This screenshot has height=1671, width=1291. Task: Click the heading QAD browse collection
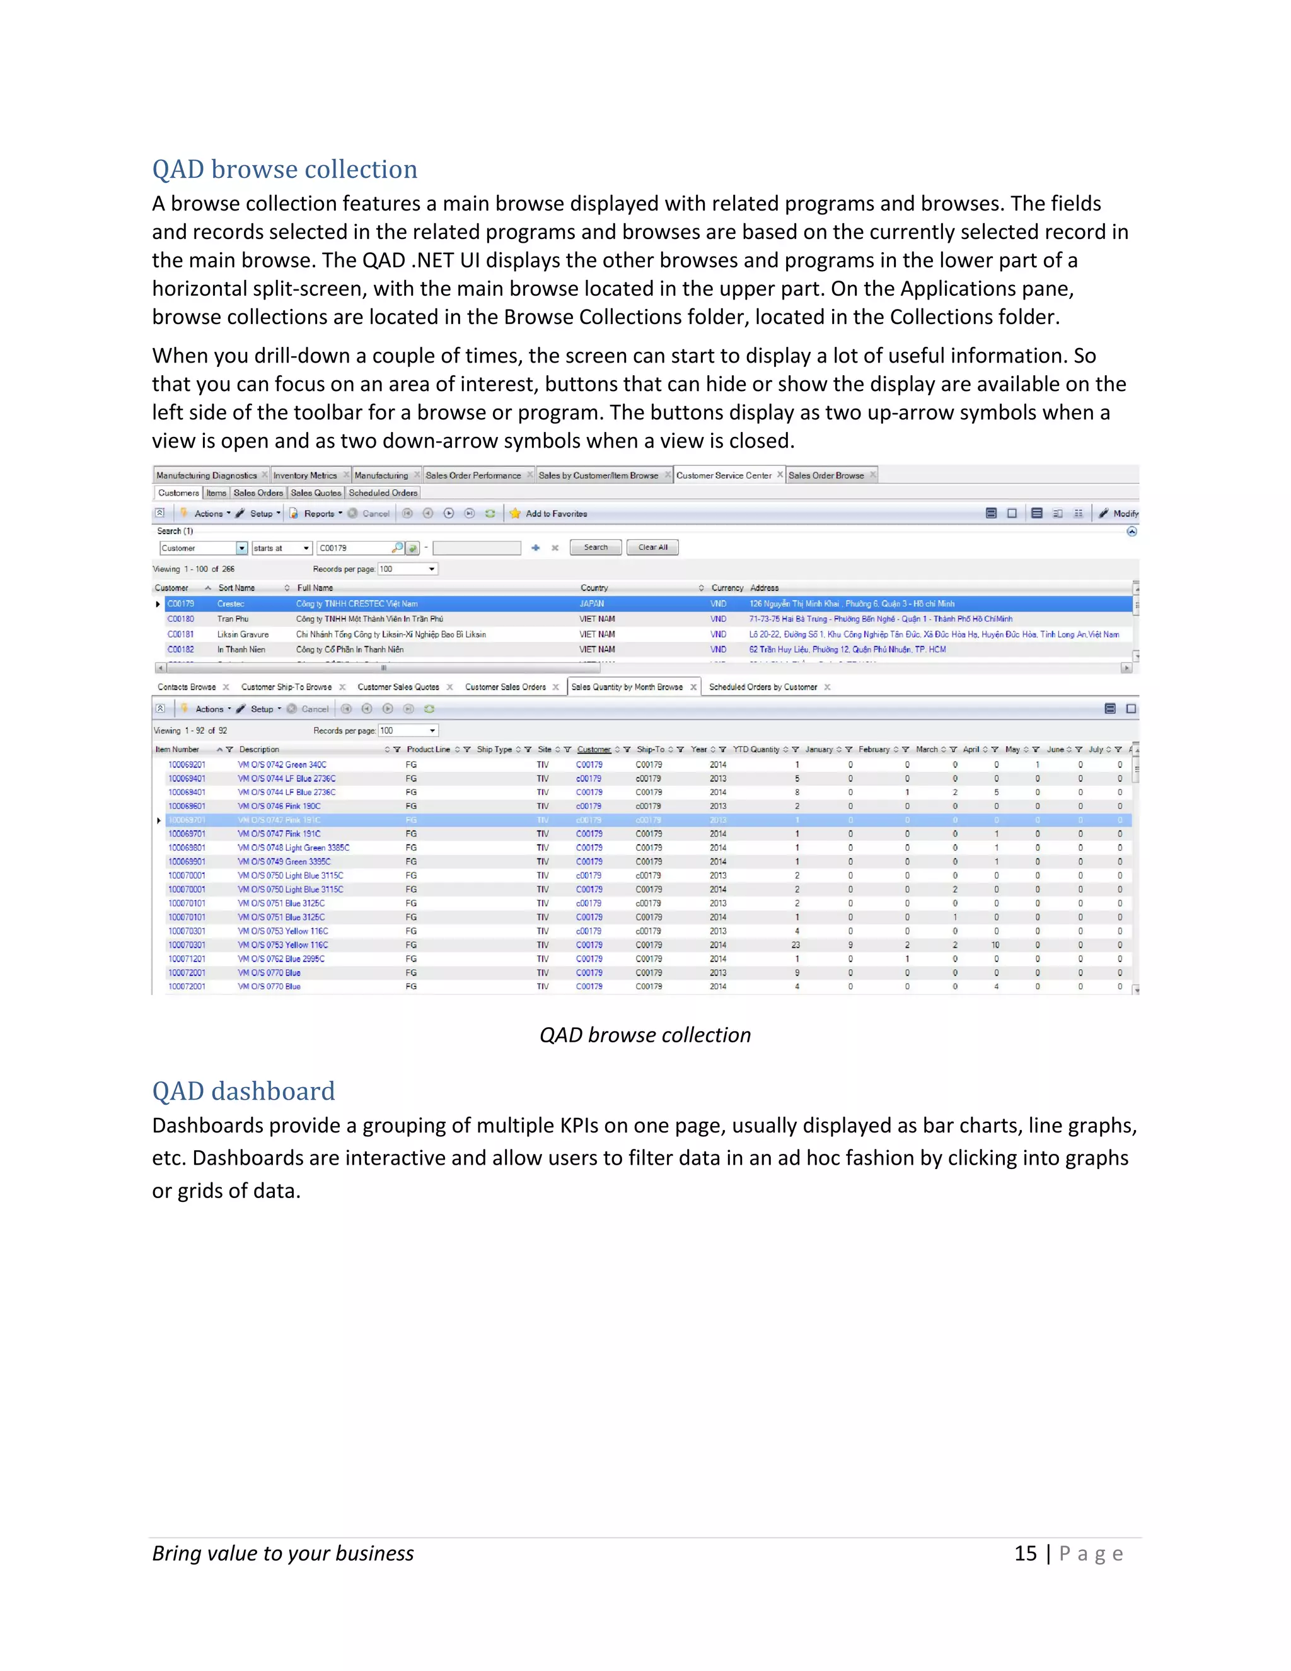point(284,169)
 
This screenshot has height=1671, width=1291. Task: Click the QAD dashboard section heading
point(243,1090)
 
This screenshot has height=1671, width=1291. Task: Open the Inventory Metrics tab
point(304,475)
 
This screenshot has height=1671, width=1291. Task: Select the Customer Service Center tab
point(724,475)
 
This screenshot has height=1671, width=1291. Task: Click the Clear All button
point(652,547)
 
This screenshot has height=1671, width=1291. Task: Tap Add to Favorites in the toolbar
point(556,513)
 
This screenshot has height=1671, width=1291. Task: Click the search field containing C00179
point(354,548)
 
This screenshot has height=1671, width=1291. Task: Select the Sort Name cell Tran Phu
point(233,619)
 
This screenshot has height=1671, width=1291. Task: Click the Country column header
point(594,588)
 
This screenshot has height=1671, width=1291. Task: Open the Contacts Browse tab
point(187,687)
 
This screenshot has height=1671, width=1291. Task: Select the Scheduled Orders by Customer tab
point(763,687)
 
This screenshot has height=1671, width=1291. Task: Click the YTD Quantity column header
point(756,749)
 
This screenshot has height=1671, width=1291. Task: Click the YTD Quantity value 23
point(796,945)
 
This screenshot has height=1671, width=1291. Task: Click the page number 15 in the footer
point(1025,1553)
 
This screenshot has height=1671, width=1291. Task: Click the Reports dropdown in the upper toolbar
point(318,513)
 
